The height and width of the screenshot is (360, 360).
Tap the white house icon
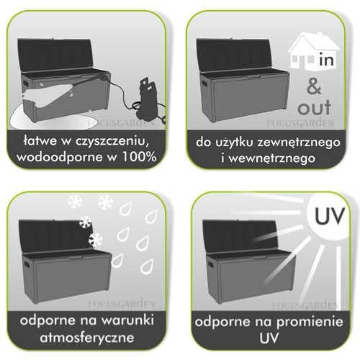[x=312, y=52]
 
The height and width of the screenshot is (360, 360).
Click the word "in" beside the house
[x=327, y=60]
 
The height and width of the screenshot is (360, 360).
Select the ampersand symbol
[x=314, y=87]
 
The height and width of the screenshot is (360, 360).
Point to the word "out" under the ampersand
[x=314, y=107]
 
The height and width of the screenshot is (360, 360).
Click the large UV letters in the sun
[x=330, y=216]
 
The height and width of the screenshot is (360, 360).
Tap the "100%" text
[x=139, y=157]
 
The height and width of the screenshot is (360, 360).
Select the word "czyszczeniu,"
[x=114, y=142]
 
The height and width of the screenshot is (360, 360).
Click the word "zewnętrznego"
[x=299, y=143]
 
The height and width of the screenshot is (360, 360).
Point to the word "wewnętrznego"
[x=271, y=159]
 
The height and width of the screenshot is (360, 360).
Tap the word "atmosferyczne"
[x=87, y=338]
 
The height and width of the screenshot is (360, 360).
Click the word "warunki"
[x=127, y=320]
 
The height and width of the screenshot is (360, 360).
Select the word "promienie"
[x=310, y=323]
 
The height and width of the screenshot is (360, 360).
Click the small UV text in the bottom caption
[x=269, y=338]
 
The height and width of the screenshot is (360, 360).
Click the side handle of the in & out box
[x=204, y=84]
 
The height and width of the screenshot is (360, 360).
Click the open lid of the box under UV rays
[x=240, y=236]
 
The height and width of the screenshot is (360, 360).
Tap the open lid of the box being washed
[x=55, y=55]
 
